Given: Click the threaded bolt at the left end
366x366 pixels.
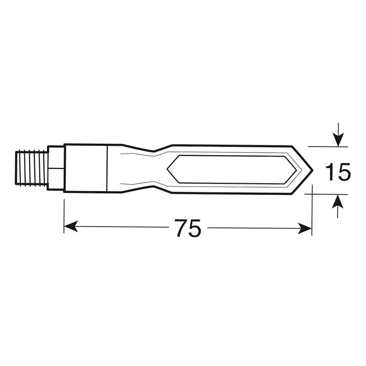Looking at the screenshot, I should tap(32, 168).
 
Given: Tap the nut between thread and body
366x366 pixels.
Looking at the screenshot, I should tap(56, 168).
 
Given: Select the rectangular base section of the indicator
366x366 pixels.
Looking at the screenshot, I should tap(86, 168).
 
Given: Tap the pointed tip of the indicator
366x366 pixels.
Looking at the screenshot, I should tap(311, 169).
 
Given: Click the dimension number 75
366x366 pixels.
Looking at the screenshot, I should tap(188, 228).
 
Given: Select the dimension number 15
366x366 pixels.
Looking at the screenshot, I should tap(338, 172).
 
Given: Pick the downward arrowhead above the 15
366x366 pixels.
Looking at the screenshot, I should tap(338, 140).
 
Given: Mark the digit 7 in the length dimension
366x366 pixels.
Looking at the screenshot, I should tap(181, 228).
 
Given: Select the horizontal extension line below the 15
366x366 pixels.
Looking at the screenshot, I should tap(325, 194).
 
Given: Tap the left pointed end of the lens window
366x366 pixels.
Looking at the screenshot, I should tap(168, 169).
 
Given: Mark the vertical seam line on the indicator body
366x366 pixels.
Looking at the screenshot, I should tap(108, 168).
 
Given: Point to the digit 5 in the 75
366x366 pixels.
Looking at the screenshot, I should tap(194, 228).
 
